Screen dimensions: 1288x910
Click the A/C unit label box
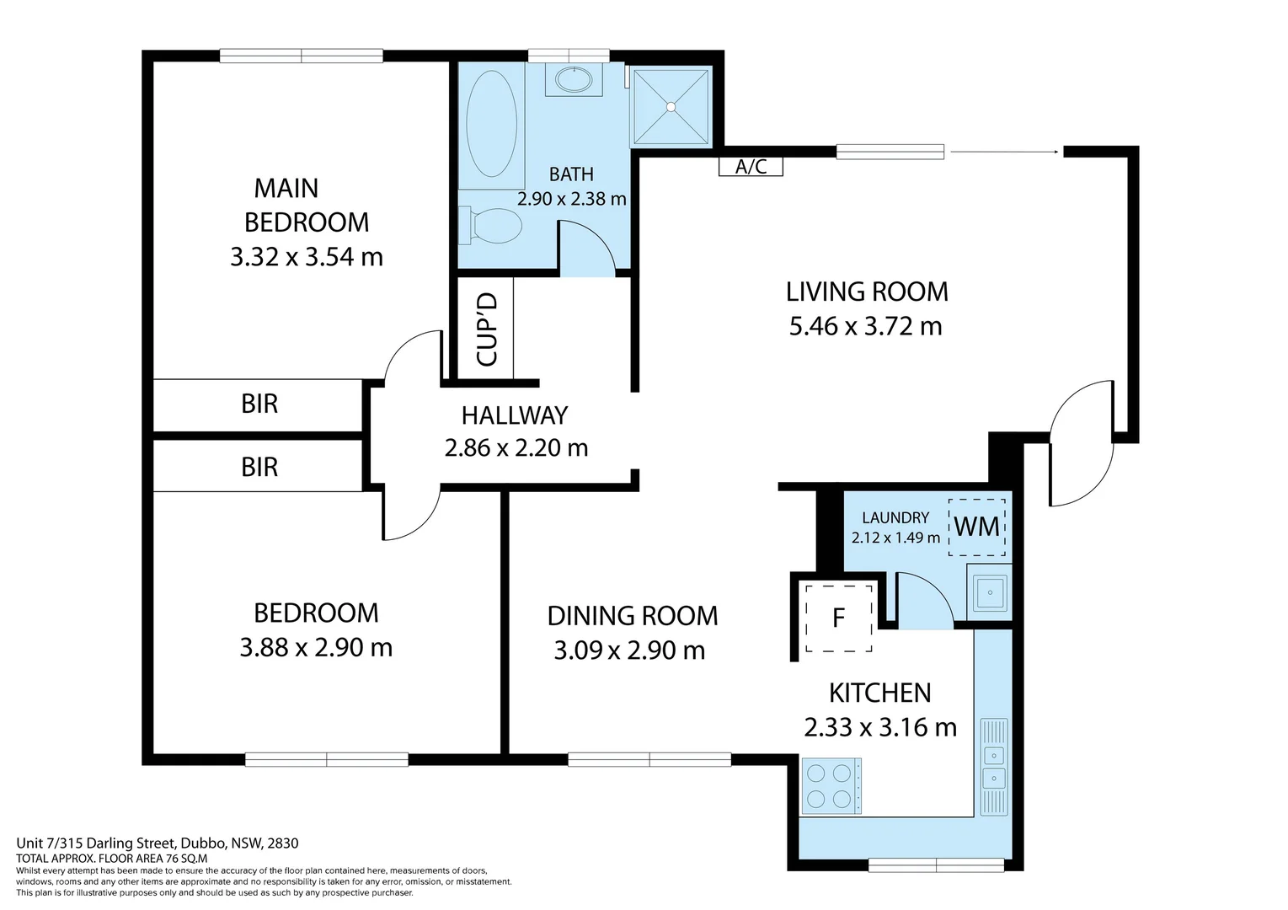click(751, 167)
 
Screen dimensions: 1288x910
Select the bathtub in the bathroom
click(492, 123)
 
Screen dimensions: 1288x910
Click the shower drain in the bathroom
click(671, 106)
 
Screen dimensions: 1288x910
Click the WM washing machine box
click(977, 527)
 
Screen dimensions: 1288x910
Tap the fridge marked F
click(838, 618)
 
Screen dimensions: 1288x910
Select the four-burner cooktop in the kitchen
click(831, 786)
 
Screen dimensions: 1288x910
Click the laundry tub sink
click(990, 591)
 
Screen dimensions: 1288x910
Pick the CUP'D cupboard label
click(487, 329)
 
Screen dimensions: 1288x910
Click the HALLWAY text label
click(515, 415)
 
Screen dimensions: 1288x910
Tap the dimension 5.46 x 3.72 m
click(865, 327)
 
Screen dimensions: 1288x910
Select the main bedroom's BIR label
click(259, 404)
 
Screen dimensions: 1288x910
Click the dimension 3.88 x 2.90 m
click(316, 648)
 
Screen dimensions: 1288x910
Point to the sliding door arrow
click(1004, 152)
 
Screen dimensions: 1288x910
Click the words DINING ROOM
click(633, 616)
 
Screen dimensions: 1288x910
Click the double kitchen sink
click(994, 766)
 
